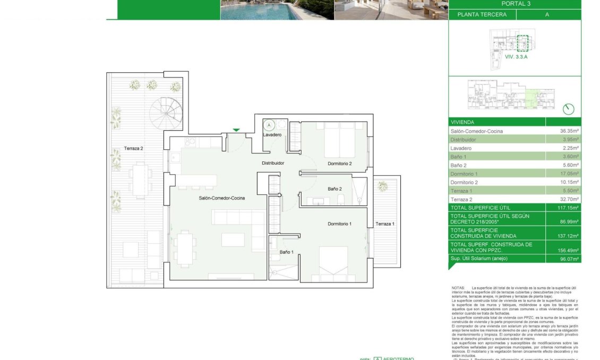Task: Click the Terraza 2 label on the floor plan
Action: pos(134,149)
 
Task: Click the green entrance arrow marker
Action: pos(236,130)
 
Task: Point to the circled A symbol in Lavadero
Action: pos(269,126)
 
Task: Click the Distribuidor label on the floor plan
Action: pos(273,163)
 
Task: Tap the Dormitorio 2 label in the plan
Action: pos(340,164)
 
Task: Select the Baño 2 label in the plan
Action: pos(335,188)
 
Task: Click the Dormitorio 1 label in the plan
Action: pos(340,224)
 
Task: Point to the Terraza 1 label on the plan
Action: pos(384,224)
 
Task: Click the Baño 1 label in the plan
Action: pos(286,252)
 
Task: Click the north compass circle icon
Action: pos(569,109)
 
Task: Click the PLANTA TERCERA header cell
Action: pos(482,15)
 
